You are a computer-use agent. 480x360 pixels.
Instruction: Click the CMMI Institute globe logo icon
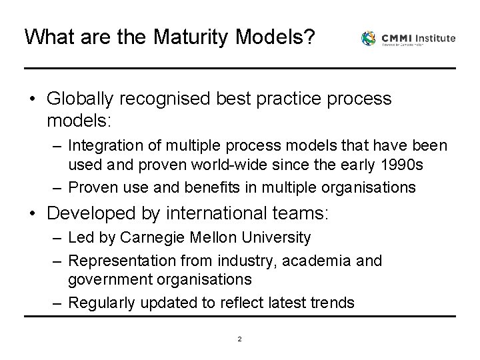point(369,39)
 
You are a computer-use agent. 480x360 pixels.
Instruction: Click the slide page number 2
point(239,339)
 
